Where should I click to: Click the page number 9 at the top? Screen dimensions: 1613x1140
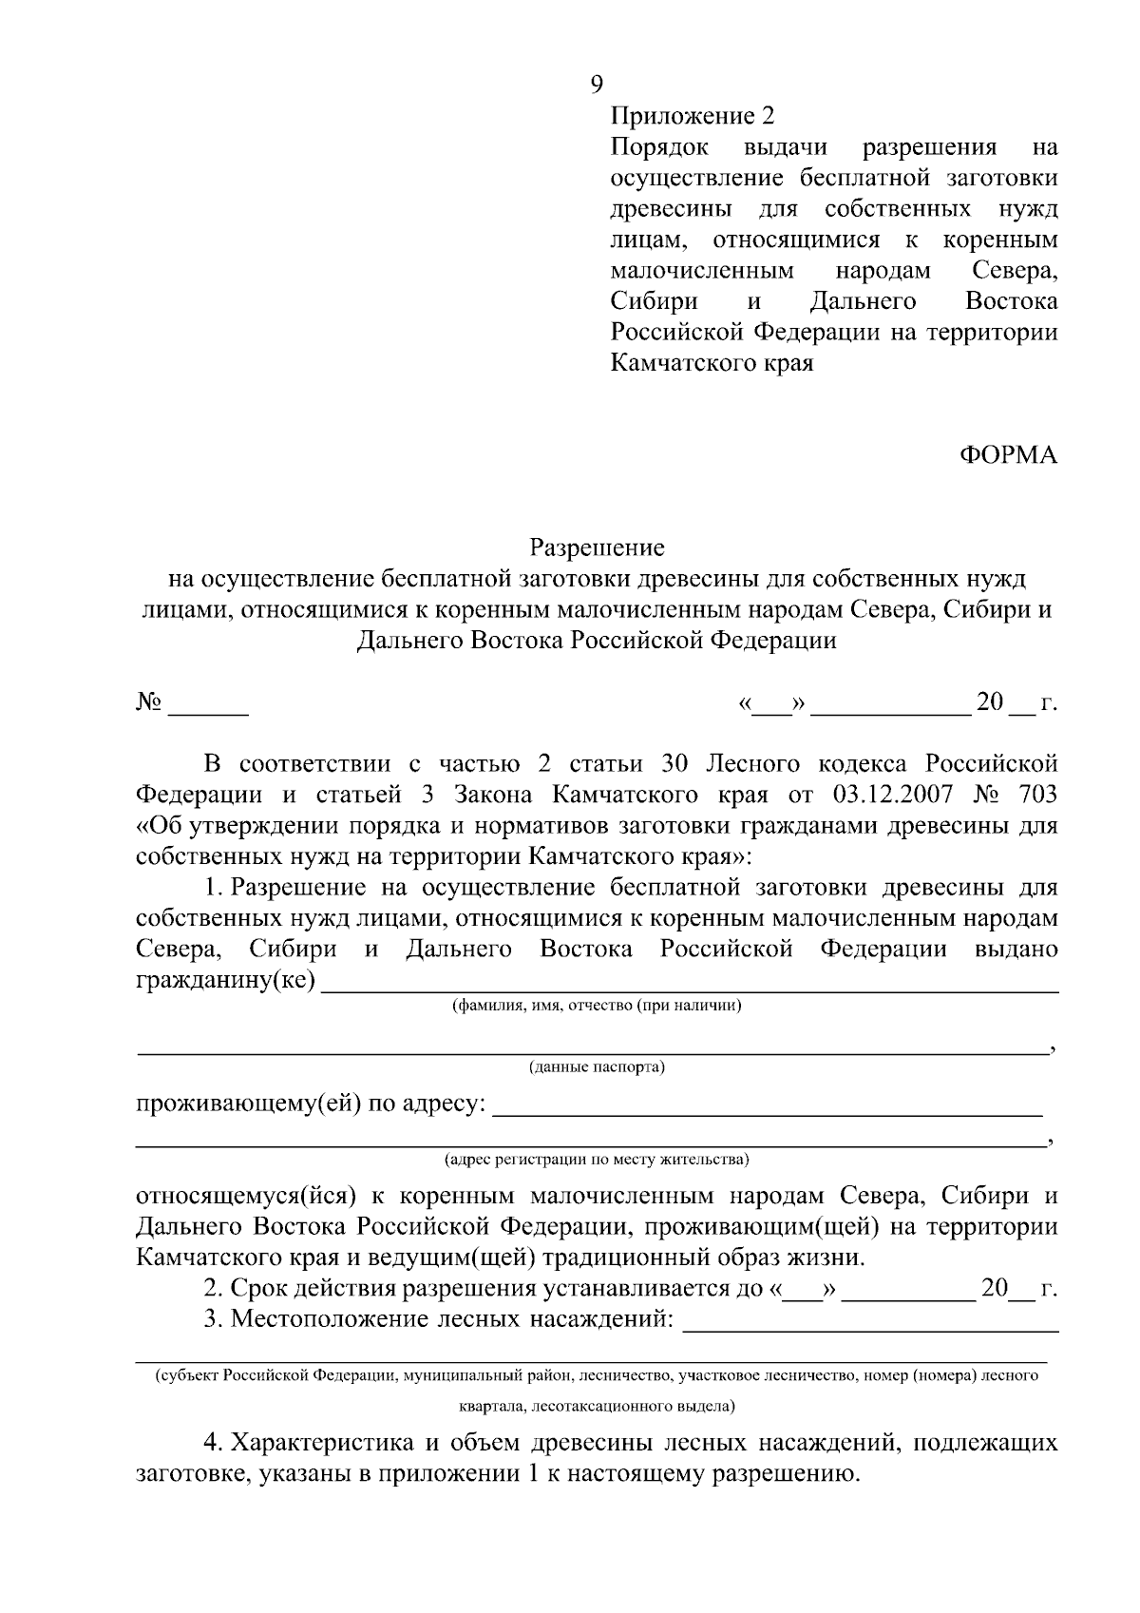[x=596, y=85]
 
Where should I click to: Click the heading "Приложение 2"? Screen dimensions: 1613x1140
[x=693, y=116]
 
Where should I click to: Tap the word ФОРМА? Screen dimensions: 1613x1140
[x=1008, y=455]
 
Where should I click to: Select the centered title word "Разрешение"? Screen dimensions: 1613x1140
[x=597, y=547]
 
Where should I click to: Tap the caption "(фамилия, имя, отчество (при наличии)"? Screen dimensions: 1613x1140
[x=597, y=1006]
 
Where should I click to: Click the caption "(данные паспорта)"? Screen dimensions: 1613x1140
[x=597, y=1067]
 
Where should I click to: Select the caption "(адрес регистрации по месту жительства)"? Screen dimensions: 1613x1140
[x=597, y=1160]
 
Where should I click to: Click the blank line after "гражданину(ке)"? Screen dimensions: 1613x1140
[x=691, y=985]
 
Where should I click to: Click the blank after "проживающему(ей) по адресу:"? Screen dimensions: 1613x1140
[x=769, y=1107]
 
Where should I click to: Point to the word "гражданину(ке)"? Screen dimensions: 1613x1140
[x=226, y=980]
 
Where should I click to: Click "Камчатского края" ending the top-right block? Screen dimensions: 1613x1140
[x=712, y=363]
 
